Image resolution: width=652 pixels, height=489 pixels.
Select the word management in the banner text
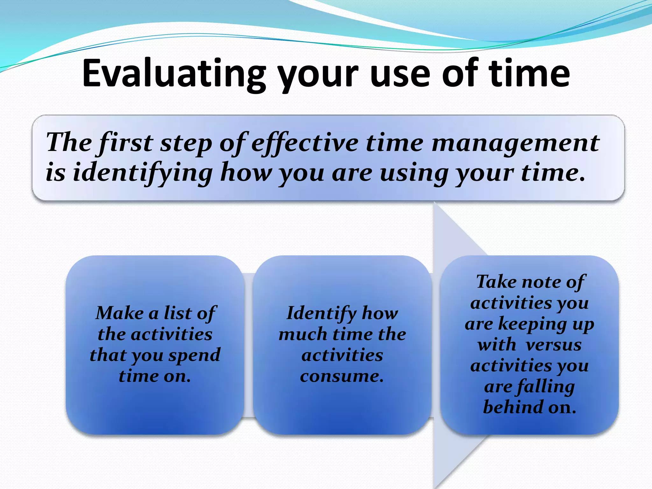tap(515, 143)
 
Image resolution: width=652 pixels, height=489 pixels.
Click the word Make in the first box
tap(120, 313)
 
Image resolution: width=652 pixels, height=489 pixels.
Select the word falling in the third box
tap(546, 387)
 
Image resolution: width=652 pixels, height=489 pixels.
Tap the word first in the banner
tap(126, 143)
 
